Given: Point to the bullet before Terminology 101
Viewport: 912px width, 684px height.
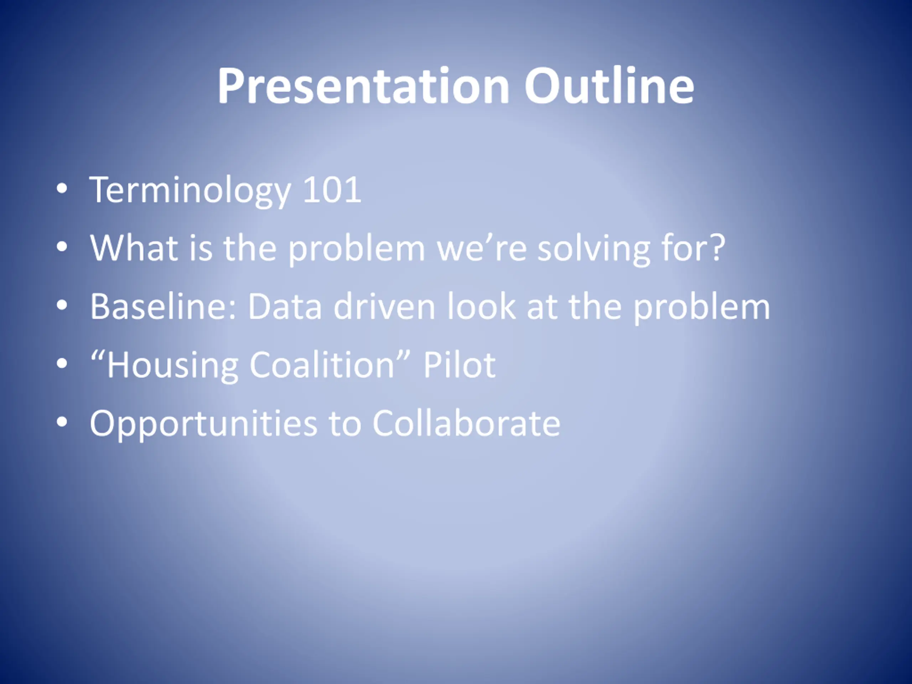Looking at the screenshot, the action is pos(62,189).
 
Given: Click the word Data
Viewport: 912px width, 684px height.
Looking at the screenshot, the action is pos(285,306).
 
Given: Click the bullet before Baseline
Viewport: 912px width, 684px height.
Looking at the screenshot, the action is pos(62,306).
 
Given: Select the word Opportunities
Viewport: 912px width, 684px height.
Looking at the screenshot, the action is pos(204,424).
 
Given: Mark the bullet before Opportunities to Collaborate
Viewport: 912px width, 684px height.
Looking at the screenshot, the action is pos(62,422).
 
